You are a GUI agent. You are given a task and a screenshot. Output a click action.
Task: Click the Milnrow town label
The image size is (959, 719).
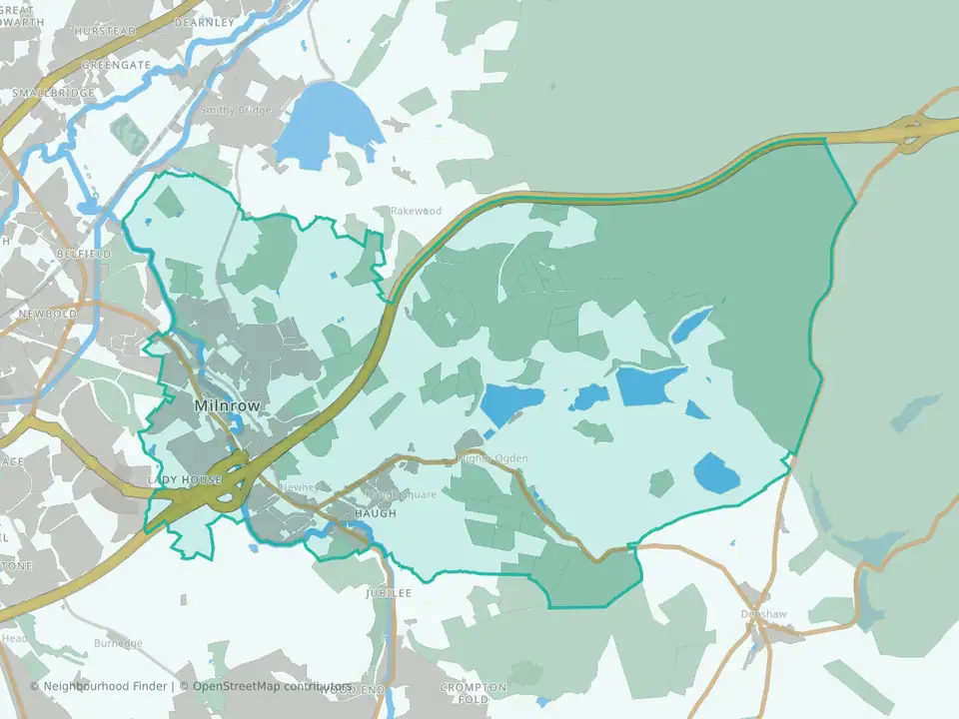227,406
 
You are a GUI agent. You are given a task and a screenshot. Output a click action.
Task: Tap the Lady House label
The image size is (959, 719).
184,480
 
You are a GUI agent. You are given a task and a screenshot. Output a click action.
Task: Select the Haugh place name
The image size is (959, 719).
376,513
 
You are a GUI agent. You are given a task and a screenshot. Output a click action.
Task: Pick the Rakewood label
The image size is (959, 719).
416,212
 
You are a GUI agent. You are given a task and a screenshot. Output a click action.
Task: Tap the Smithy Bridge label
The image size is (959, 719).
236,110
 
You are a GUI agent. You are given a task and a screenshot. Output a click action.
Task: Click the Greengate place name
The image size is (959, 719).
116,65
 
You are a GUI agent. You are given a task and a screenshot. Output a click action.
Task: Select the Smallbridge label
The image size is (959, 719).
54,93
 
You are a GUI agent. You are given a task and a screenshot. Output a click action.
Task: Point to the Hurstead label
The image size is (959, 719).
105,32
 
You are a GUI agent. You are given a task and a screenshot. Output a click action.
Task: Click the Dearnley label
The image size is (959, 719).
204,21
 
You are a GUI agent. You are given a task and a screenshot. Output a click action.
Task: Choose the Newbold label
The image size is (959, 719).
46,313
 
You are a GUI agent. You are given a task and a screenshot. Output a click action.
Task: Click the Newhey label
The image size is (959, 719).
299,487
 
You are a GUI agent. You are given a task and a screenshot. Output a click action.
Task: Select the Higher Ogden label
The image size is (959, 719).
491,458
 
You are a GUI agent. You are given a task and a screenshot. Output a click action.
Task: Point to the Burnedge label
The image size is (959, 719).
118,644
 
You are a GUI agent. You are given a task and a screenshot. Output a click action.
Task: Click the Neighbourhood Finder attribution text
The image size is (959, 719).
100,687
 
